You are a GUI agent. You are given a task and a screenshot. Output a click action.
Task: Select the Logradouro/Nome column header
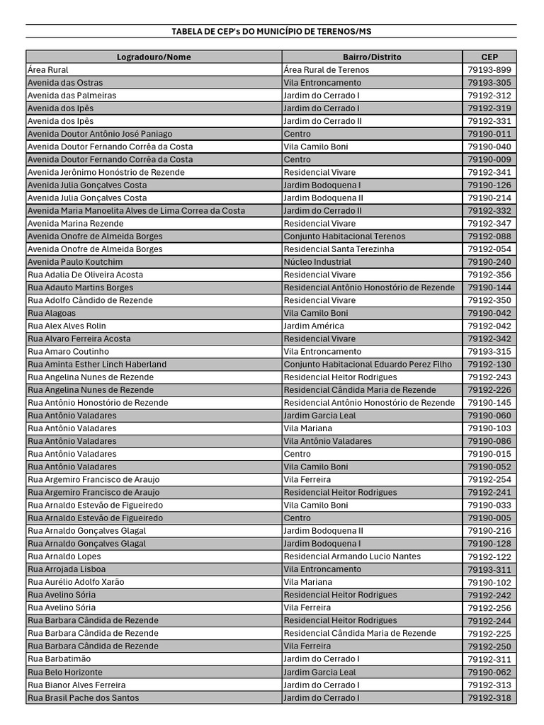(x=154, y=57)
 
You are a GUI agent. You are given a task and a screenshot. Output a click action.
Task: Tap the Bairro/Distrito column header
(x=372, y=57)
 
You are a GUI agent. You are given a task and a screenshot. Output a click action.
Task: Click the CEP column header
(x=489, y=57)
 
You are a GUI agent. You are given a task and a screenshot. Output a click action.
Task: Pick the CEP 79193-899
(x=489, y=69)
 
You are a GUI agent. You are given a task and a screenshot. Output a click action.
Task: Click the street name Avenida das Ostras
(x=65, y=82)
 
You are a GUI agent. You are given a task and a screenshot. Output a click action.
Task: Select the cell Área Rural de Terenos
(x=326, y=69)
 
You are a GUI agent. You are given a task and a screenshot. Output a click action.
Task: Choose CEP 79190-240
(x=489, y=262)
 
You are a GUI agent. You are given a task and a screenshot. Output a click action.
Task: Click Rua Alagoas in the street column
(x=52, y=313)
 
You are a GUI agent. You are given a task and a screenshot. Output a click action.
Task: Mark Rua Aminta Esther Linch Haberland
(x=97, y=364)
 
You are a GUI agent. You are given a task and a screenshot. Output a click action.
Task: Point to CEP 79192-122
(x=489, y=556)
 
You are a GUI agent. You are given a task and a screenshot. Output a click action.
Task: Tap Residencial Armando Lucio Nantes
(x=352, y=556)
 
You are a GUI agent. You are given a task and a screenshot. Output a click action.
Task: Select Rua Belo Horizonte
(x=65, y=672)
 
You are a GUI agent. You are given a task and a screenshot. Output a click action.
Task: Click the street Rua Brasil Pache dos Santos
(x=83, y=697)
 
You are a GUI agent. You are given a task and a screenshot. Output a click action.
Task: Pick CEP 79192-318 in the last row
(x=489, y=697)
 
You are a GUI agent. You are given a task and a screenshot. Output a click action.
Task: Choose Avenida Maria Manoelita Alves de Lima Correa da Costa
(x=136, y=210)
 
